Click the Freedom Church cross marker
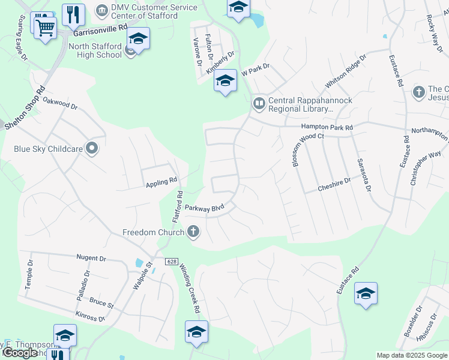tap(193, 231)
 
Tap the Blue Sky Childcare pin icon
tap(92, 148)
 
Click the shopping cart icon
tap(46, 27)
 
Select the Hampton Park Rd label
tap(327, 127)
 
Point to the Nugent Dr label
tap(91, 258)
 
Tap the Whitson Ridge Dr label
tap(345, 71)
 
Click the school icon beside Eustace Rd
tap(366, 293)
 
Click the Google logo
tap(20, 353)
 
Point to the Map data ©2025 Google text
tap(411, 355)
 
